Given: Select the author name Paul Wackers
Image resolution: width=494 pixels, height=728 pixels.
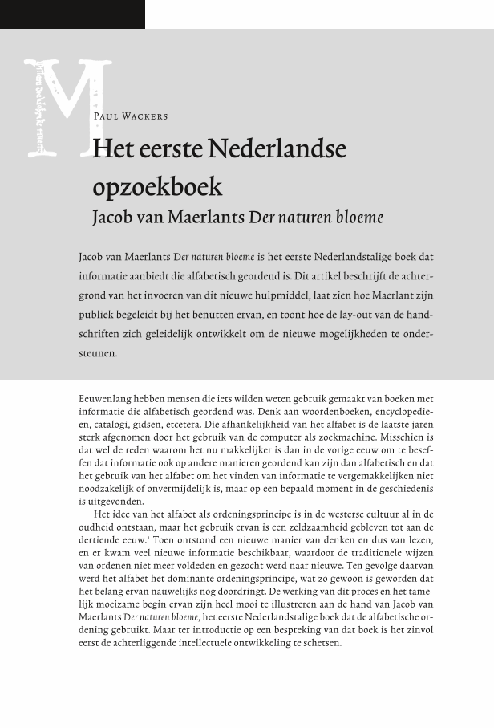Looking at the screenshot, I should point(131,116).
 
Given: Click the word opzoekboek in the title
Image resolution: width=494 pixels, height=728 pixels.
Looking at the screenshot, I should point(157,187).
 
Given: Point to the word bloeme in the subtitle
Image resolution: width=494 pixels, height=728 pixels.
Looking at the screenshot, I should point(359,218).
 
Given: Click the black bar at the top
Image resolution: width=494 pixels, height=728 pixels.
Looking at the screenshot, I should point(72,14).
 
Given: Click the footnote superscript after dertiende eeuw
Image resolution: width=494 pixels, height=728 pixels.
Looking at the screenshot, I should point(148,538).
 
